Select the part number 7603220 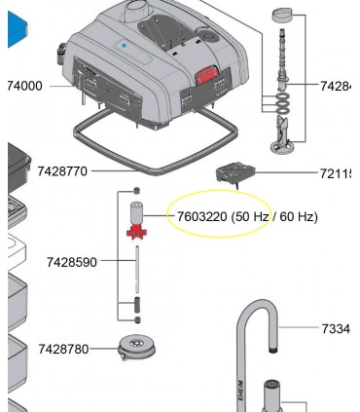[x=201, y=216]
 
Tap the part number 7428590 [x=72, y=261]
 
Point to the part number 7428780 [x=63, y=349]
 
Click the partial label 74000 [x=24, y=86]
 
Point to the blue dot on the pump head [x=125, y=46]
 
